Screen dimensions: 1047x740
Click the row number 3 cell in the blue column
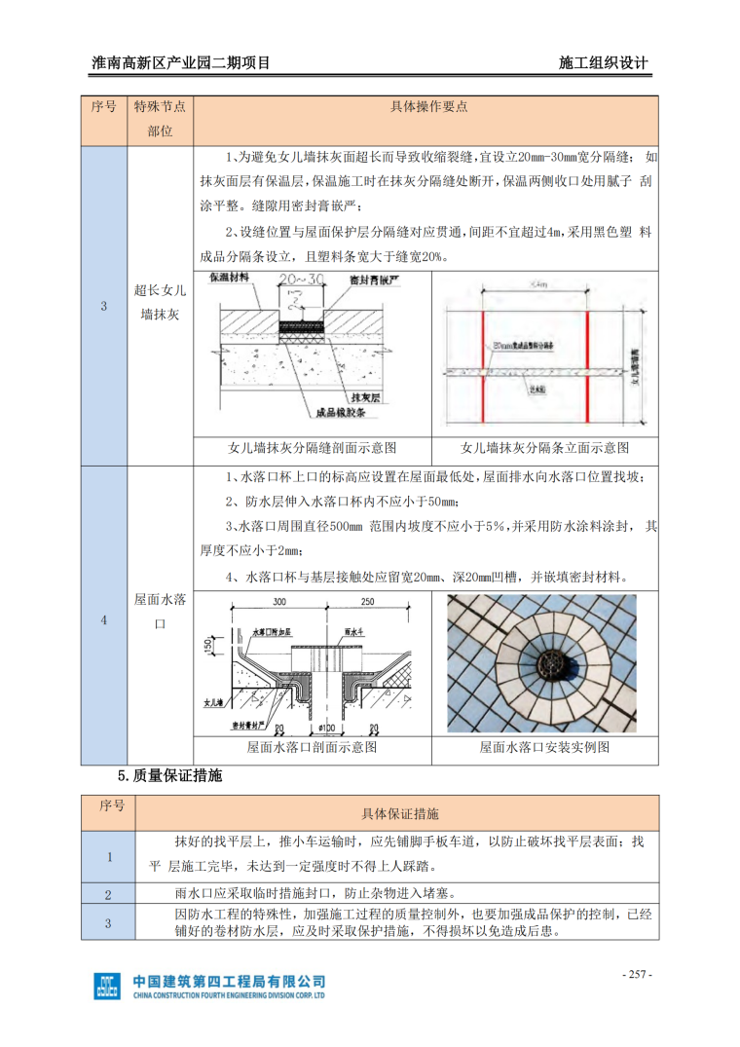point(103,307)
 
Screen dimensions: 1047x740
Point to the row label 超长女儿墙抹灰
point(161,301)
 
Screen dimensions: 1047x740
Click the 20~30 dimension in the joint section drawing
point(302,280)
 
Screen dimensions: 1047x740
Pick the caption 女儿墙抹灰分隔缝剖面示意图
point(312,448)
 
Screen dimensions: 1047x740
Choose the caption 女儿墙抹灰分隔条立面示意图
point(544,448)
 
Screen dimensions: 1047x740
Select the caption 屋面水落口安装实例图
point(544,748)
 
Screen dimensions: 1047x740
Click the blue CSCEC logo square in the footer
point(107,986)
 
